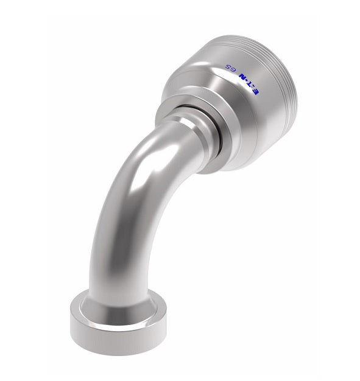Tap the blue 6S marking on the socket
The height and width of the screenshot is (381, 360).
point(231,68)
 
